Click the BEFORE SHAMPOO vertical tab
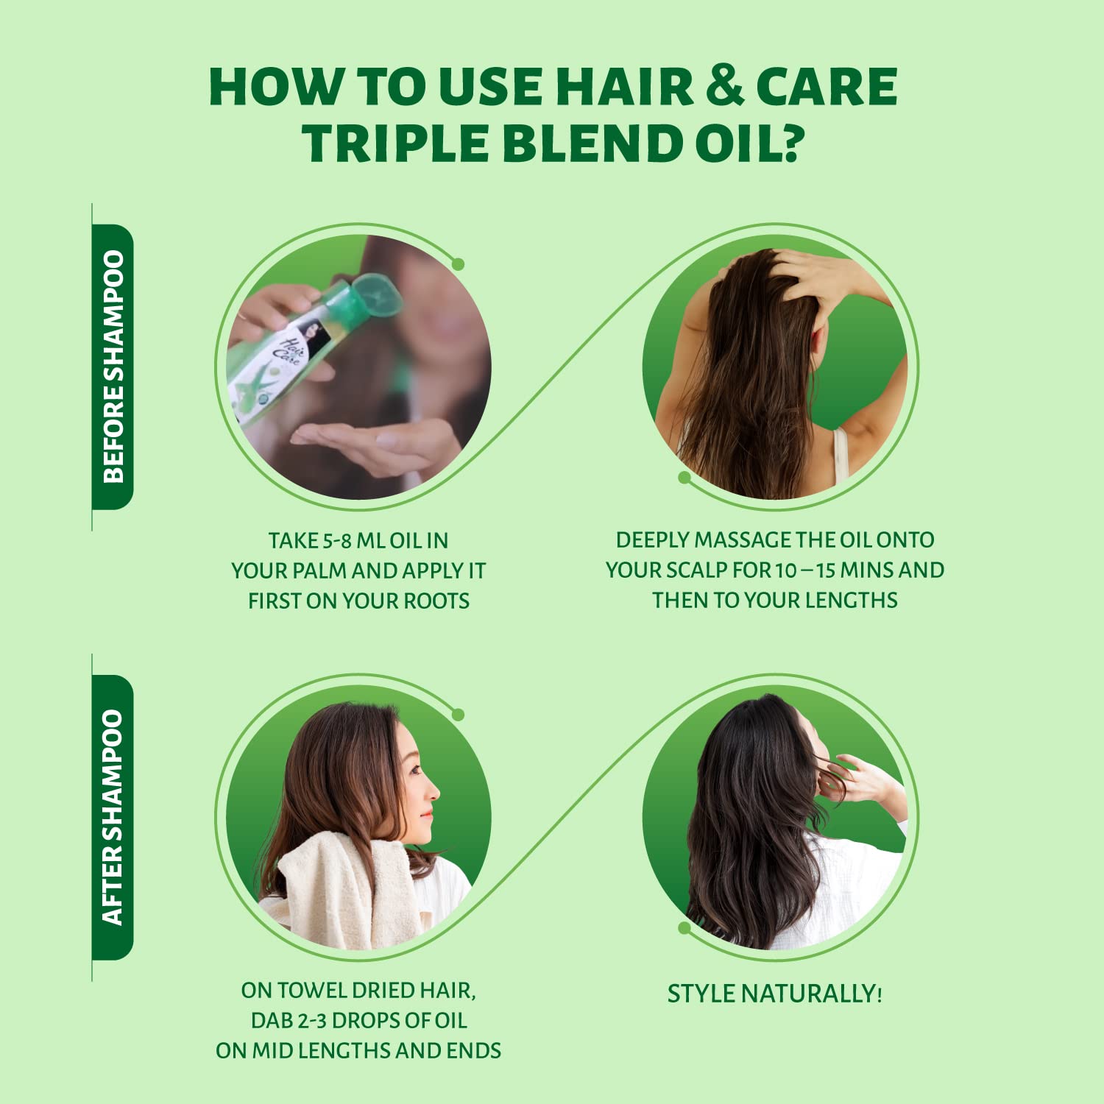(x=113, y=367)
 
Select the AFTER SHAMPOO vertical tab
(x=113, y=817)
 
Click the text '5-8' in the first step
(x=337, y=541)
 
